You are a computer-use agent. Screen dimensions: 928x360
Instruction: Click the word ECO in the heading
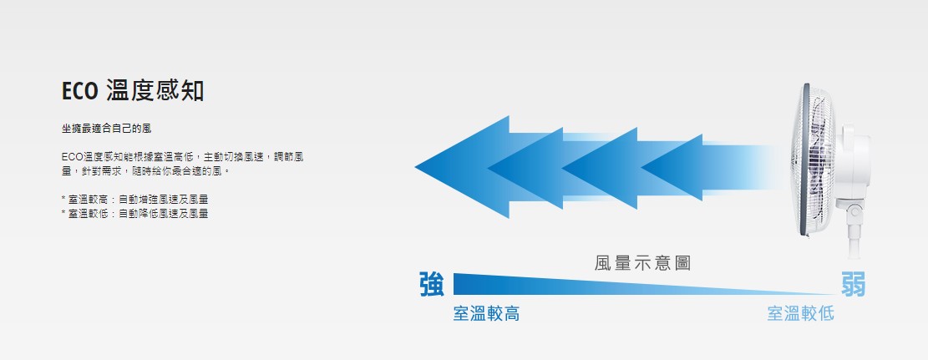(x=79, y=92)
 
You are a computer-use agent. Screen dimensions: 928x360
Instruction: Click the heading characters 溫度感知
(x=155, y=91)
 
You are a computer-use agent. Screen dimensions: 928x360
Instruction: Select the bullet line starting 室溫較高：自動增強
(x=135, y=200)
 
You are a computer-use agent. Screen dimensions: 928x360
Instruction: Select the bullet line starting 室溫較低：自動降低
(x=135, y=214)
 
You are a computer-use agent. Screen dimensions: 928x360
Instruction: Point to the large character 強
(x=432, y=284)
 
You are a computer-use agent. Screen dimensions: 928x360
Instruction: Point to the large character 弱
(x=853, y=284)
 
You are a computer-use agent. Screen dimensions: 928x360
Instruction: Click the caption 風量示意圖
(x=642, y=263)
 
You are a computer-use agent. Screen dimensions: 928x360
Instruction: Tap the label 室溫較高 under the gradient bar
(x=486, y=314)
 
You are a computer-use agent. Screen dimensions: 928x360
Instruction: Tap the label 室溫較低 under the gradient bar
(x=800, y=314)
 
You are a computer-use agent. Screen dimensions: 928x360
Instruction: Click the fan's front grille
(x=814, y=160)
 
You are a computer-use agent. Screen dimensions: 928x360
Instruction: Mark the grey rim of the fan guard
(x=804, y=160)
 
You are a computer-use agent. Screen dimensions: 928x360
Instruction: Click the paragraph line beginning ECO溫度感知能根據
(x=183, y=157)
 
